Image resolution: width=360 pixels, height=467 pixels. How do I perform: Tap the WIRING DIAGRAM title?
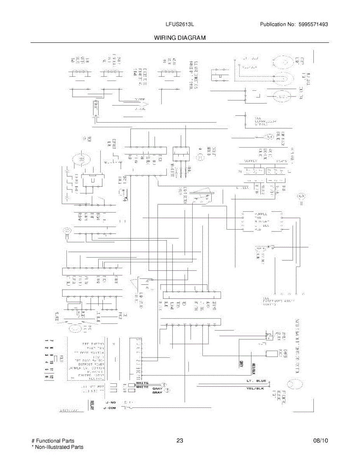click(x=180, y=38)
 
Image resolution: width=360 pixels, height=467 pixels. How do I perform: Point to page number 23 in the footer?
click(x=179, y=441)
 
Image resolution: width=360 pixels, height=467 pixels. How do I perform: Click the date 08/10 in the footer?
click(x=321, y=441)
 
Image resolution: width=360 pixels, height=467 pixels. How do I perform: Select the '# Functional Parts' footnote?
click(x=53, y=441)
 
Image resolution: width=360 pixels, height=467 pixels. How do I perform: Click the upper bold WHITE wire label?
click(x=142, y=383)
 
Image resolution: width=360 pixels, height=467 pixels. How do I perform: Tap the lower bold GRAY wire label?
click(x=157, y=392)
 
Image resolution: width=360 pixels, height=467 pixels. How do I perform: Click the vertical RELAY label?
click(x=92, y=405)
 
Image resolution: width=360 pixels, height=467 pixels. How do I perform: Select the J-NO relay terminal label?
click(x=110, y=402)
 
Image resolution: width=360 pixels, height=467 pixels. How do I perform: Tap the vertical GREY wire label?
click(x=241, y=365)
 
